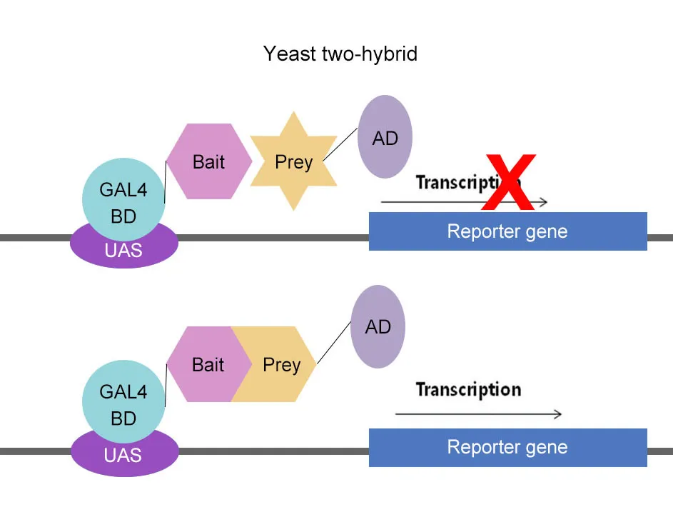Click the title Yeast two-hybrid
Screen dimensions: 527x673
point(340,54)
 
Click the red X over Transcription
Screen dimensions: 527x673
point(508,182)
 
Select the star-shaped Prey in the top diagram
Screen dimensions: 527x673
point(293,161)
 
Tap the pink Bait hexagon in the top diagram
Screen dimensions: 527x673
point(208,161)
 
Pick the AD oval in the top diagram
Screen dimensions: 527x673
point(385,137)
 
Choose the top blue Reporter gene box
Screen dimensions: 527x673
point(507,231)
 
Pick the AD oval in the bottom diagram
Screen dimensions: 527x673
point(378,327)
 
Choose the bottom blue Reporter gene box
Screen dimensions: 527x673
point(507,448)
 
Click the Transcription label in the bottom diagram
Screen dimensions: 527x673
point(468,390)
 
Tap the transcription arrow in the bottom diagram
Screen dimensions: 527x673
point(478,414)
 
